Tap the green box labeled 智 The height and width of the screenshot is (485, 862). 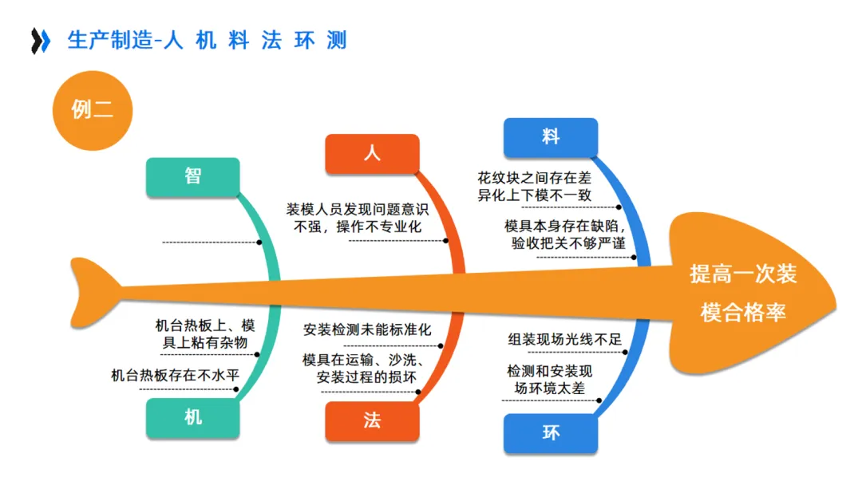[x=192, y=177]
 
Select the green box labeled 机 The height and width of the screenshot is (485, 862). [x=192, y=418]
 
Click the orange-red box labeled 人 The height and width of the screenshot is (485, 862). [x=372, y=154]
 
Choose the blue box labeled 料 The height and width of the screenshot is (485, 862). [x=551, y=137]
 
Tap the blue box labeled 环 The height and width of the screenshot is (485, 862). [x=551, y=433]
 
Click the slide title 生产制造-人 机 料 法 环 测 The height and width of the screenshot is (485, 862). [x=207, y=41]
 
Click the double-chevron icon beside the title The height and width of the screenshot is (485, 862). [x=40, y=41]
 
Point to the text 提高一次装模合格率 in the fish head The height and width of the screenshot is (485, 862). [x=743, y=294]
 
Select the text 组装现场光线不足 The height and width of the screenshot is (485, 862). [x=564, y=339]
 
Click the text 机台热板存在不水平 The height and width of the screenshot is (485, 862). [x=175, y=374]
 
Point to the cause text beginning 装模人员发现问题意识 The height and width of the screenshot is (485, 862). [x=358, y=219]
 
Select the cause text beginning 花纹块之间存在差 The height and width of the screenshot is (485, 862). [x=534, y=187]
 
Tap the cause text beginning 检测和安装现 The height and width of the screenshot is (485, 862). [x=550, y=381]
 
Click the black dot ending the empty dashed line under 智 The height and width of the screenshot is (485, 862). [x=259, y=242]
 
